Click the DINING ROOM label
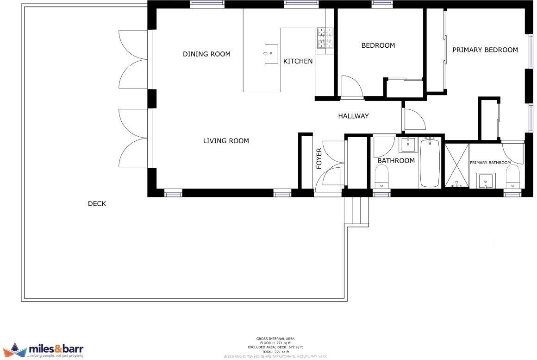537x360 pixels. (206, 54)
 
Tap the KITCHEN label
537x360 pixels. (298, 61)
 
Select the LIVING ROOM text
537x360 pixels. (226, 141)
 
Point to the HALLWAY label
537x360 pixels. (353, 116)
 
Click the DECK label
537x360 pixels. (97, 203)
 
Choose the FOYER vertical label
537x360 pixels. (319, 158)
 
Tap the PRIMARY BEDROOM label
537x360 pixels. (485, 50)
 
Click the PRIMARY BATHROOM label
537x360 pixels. (490, 163)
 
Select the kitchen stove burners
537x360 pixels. (325, 38)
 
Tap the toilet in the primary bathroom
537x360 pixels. (512, 176)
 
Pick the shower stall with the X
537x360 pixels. (456, 166)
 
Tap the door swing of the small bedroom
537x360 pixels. (351, 87)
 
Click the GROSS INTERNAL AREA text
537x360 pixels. (275, 339)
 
